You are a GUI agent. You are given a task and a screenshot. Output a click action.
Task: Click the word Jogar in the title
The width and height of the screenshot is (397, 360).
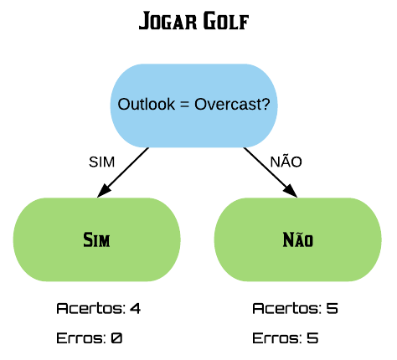pyautogui.click(x=167, y=21)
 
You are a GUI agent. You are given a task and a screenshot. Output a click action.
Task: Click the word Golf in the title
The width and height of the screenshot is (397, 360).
pyautogui.click(x=226, y=21)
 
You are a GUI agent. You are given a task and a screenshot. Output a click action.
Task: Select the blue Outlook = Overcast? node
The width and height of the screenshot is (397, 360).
pyautogui.click(x=194, y=105)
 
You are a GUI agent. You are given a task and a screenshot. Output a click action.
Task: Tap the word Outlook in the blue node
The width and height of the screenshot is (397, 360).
pyautogui.click(x=147, y=104)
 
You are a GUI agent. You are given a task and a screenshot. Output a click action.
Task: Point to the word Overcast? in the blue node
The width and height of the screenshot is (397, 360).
pyautogui.click(x=232, y=104)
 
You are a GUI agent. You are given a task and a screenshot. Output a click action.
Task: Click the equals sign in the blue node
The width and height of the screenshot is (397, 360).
pyautogui.click(x=185, y=105)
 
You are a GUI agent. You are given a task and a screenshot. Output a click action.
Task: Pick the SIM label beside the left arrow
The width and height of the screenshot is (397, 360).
pyautogui.click(x=101, y=162)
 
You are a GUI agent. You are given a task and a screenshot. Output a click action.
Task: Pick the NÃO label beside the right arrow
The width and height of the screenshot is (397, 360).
pyautogui.click(x=286, y=161)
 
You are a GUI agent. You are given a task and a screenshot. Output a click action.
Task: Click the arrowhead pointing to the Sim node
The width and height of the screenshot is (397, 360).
pyautogui.click(x=104, y=191)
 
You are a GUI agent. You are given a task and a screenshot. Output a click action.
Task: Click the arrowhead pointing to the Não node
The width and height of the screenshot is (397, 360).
pyautogui.click(x=291, y=191)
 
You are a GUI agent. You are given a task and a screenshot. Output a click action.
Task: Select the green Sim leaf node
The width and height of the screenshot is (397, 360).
pyautogui.click(x=97, y=239)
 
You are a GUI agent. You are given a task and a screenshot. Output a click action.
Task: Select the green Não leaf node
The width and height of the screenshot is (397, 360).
pyautogui.click(x=298, y=239)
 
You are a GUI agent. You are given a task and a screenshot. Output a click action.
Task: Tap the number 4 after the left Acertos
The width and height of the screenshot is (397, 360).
pyautogui.click(x=135, y=308)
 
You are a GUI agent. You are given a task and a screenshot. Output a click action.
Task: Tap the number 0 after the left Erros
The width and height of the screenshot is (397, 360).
pyautogui.click(x=116, y=338)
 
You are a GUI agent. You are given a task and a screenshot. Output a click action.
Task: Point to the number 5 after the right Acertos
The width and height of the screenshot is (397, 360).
pyautogui.click(x=333, y=308)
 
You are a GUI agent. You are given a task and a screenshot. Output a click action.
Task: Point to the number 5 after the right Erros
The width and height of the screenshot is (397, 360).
pyautogui.click(x=312, y=338)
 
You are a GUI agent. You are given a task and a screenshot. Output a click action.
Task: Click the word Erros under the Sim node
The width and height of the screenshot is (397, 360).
pyautogui.click(x=80, y=338)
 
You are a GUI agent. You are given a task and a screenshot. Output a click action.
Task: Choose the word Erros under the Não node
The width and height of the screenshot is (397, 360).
pyautogui.click(x=276, y=338)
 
